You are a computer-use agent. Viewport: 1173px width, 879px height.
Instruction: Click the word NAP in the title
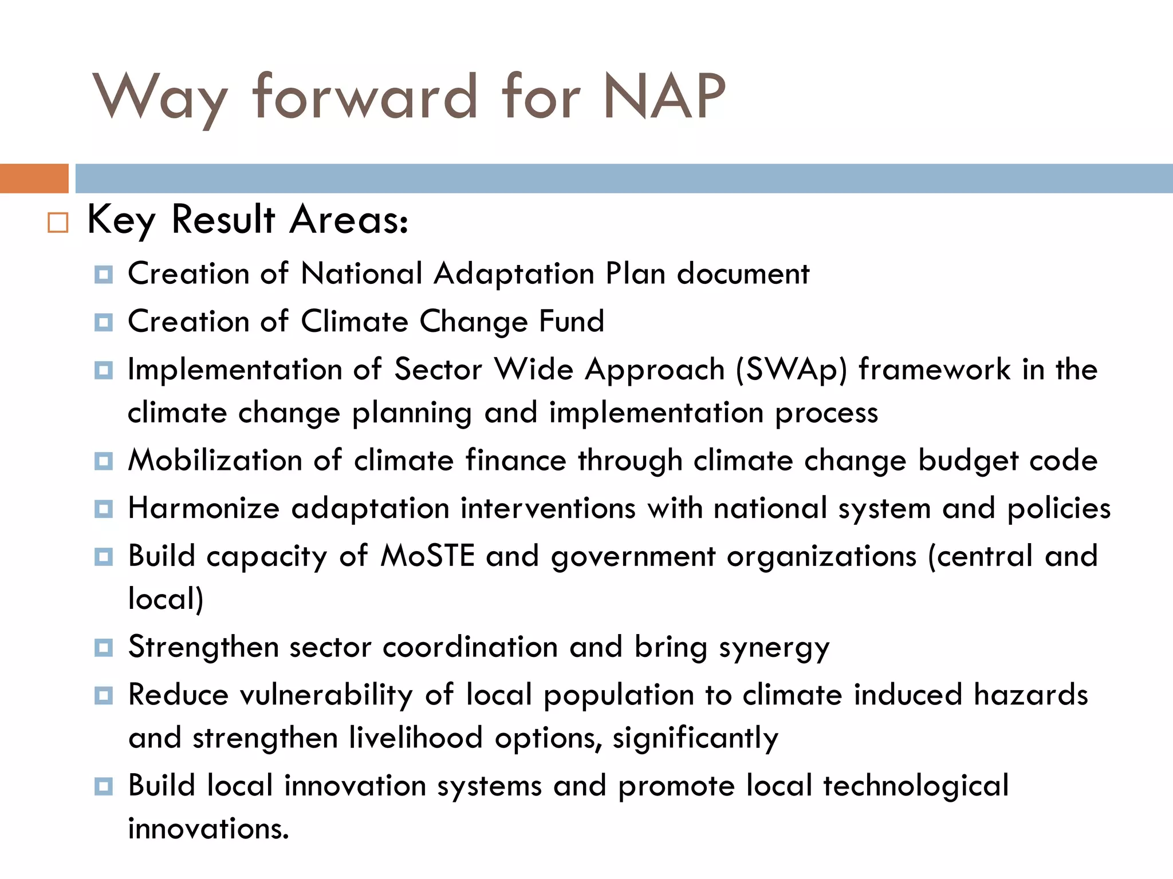(664, 97)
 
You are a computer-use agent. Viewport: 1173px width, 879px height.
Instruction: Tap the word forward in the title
(365, 97)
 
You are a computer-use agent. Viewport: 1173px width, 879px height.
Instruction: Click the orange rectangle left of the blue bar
(34, 179)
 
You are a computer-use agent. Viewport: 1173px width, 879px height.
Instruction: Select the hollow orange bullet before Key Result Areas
(58, 223)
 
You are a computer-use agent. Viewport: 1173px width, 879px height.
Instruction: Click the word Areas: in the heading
(349, 220)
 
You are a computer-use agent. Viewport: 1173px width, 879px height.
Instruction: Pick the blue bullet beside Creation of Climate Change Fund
(104, 323)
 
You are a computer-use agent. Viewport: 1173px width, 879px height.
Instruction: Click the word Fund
(572, 322)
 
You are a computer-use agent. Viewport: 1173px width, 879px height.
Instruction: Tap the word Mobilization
(215, 461)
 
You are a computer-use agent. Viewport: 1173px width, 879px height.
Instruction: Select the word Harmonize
(203, 508)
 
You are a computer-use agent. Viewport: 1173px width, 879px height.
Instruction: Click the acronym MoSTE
(427, 556)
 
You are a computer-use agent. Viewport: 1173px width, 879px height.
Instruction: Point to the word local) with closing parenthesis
(166, 599)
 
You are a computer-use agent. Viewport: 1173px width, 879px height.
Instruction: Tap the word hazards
(1030, 695)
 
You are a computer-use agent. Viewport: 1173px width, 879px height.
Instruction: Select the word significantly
(695, 739)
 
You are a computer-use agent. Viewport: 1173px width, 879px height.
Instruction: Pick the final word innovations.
(208, 829)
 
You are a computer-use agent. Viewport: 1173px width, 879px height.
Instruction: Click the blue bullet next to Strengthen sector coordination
(104, 648)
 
